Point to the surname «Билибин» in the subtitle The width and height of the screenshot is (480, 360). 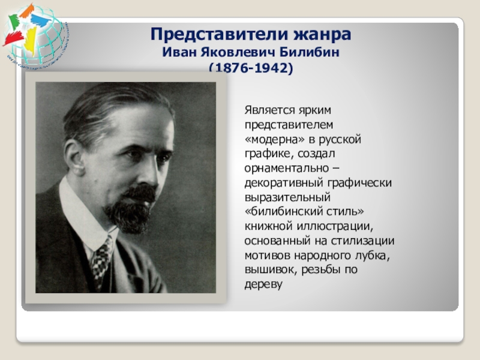click(x=315, y=53)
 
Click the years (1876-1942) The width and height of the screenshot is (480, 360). click(x=251, y=70)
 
